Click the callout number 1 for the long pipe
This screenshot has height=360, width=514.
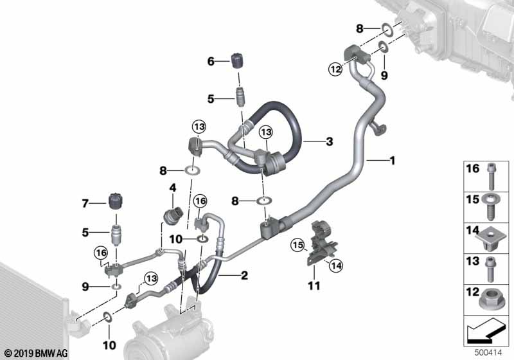click(392, 161)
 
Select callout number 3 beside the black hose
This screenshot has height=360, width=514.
click(329, 141)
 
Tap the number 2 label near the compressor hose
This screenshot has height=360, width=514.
click(244, 275)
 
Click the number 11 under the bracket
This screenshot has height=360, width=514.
click(314, 286)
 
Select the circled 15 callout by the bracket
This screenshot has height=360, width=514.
click(298, 245)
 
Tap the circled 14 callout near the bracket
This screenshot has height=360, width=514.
click(336, 265)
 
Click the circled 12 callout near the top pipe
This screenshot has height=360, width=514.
click(335, 69)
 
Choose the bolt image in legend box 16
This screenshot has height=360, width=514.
click(491, 176)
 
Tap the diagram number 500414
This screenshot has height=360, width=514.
click(488, 353)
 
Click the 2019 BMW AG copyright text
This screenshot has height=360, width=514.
click(37, 353)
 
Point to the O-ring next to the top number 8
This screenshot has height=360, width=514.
click(387, 30)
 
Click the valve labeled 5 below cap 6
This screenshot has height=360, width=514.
click(240, 97)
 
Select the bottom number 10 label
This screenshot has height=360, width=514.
click(109, 345)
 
